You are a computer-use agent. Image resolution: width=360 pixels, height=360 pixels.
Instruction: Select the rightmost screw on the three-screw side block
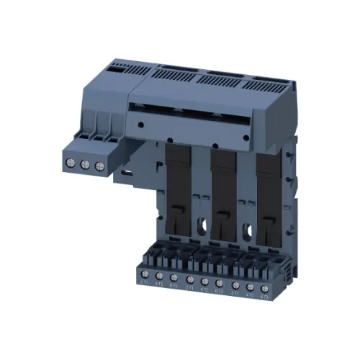pos(99,166)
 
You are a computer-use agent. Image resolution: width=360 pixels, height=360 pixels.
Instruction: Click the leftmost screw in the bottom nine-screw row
pos(141,276)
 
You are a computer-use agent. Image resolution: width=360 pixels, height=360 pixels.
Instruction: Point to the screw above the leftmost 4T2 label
pos(157,277)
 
